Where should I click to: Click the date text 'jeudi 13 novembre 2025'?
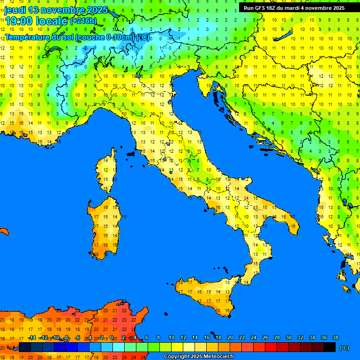[x=56, y=10]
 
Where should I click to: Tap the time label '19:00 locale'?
[x=35, y=21]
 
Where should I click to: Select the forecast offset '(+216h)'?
[x=83, y=21]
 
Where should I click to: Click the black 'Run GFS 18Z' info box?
[x=294, y=8]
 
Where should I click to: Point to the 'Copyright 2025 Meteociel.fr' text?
[x=199, y=357]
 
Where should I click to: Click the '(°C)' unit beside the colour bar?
[x=344, y=348]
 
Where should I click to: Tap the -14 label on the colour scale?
[x=32, y=337]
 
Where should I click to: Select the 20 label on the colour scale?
[x=230, y=337]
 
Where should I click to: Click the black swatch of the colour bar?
[x=330, y=347]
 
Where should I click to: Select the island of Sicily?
[x=206, y=293]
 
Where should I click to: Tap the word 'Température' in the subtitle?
[x=28, y=37]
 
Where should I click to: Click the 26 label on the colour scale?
[x=265, y=337]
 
